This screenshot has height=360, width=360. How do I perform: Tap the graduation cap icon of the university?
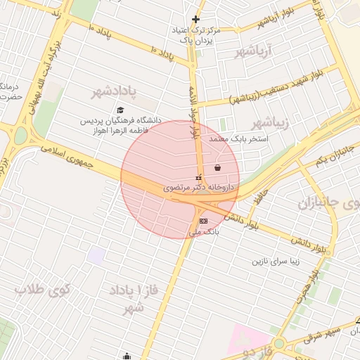pyautogui.click(x=120, y=110)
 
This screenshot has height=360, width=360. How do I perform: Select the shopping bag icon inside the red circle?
pyautogui.click(x=217, y=167)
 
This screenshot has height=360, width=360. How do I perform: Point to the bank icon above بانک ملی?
pyautogui.click(x=203, y=220)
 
